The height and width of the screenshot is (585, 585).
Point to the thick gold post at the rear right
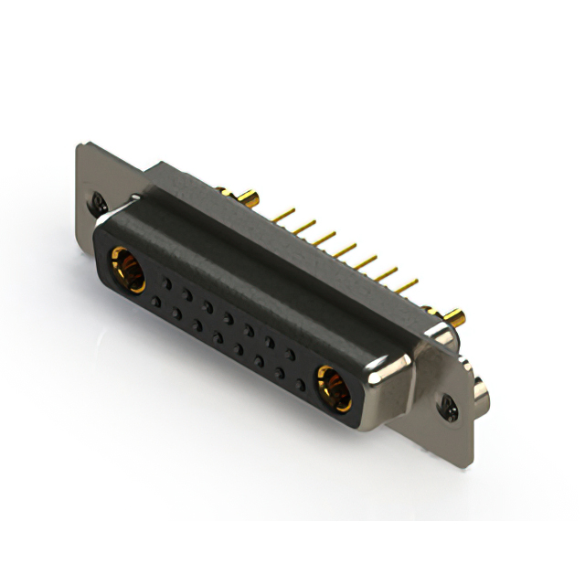tap(456, 319)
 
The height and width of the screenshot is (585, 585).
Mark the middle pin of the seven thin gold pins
tap(344, 250)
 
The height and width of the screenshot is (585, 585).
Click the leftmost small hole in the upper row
tap(165, 283)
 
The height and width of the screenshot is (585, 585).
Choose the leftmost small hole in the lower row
tap(156, 301)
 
